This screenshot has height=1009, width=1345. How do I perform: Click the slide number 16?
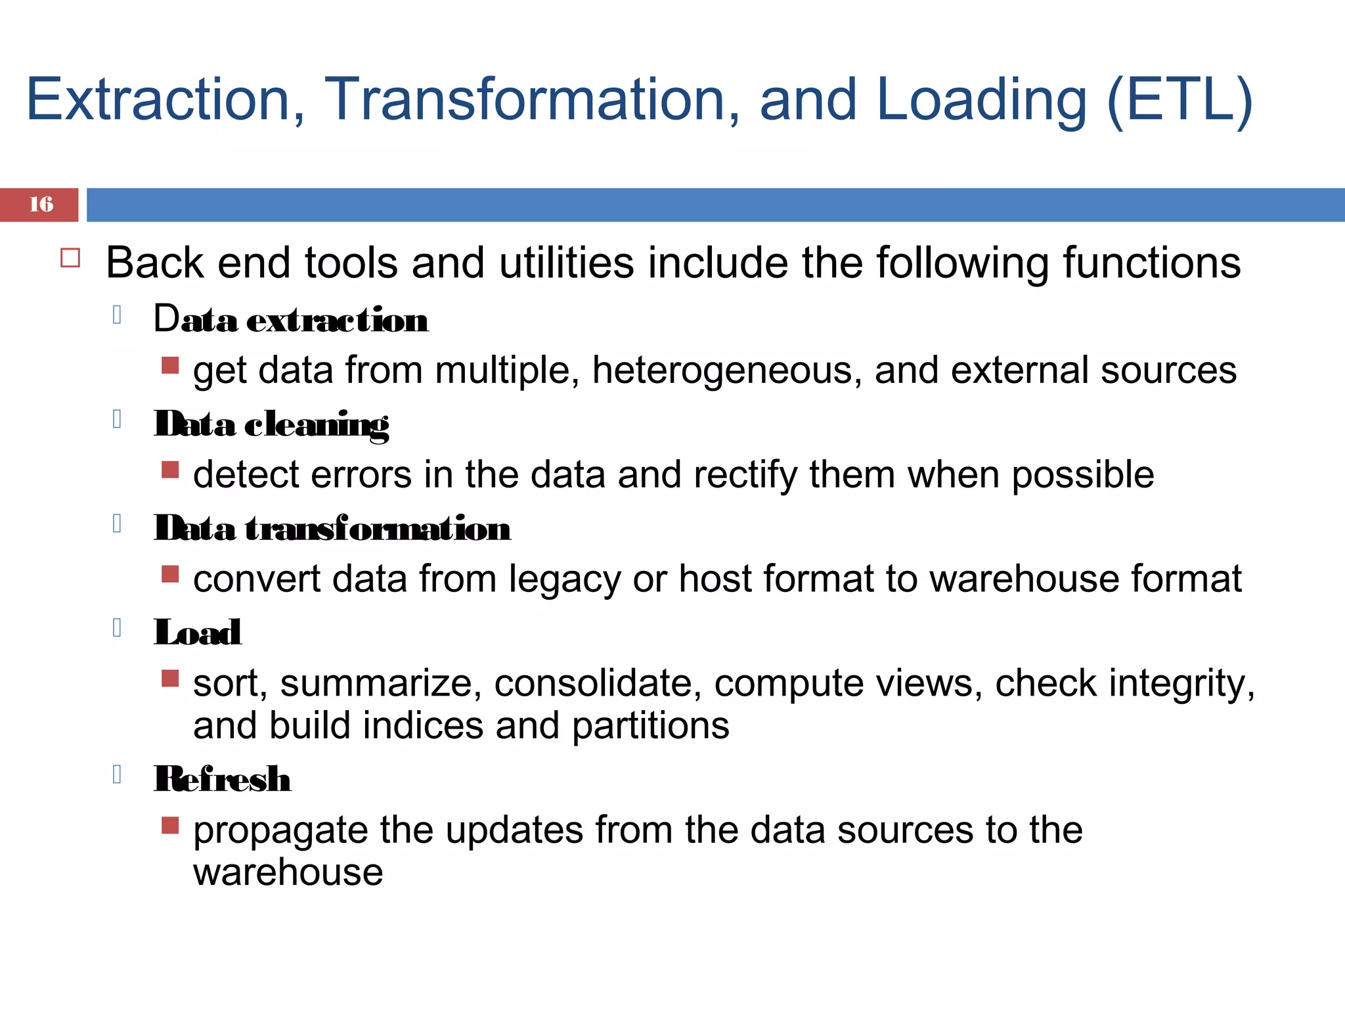pyautogui.click(x=41, y=204)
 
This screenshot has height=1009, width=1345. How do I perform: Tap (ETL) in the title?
pyautogui.click(x=1180, y=100)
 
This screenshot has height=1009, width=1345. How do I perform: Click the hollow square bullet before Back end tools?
pyautogui.click(x=70, y=258)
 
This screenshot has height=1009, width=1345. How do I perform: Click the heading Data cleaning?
pyautogui.click(x=271, y=424)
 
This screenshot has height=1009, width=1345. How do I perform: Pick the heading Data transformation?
pyautogui.click(x=332, y=528)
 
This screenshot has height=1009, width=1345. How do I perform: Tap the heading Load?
pyautogui.click(x=198, y=633)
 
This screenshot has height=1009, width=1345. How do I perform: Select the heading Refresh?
pyautogui.click(x=223, y=779)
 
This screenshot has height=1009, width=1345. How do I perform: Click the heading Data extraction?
pyautogui.click(x=291, y=320)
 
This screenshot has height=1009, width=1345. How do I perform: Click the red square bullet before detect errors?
pyautogui.click(x=170, y=469)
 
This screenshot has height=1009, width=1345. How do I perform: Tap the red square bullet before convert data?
pyautogui.click(x=170, y=573)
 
